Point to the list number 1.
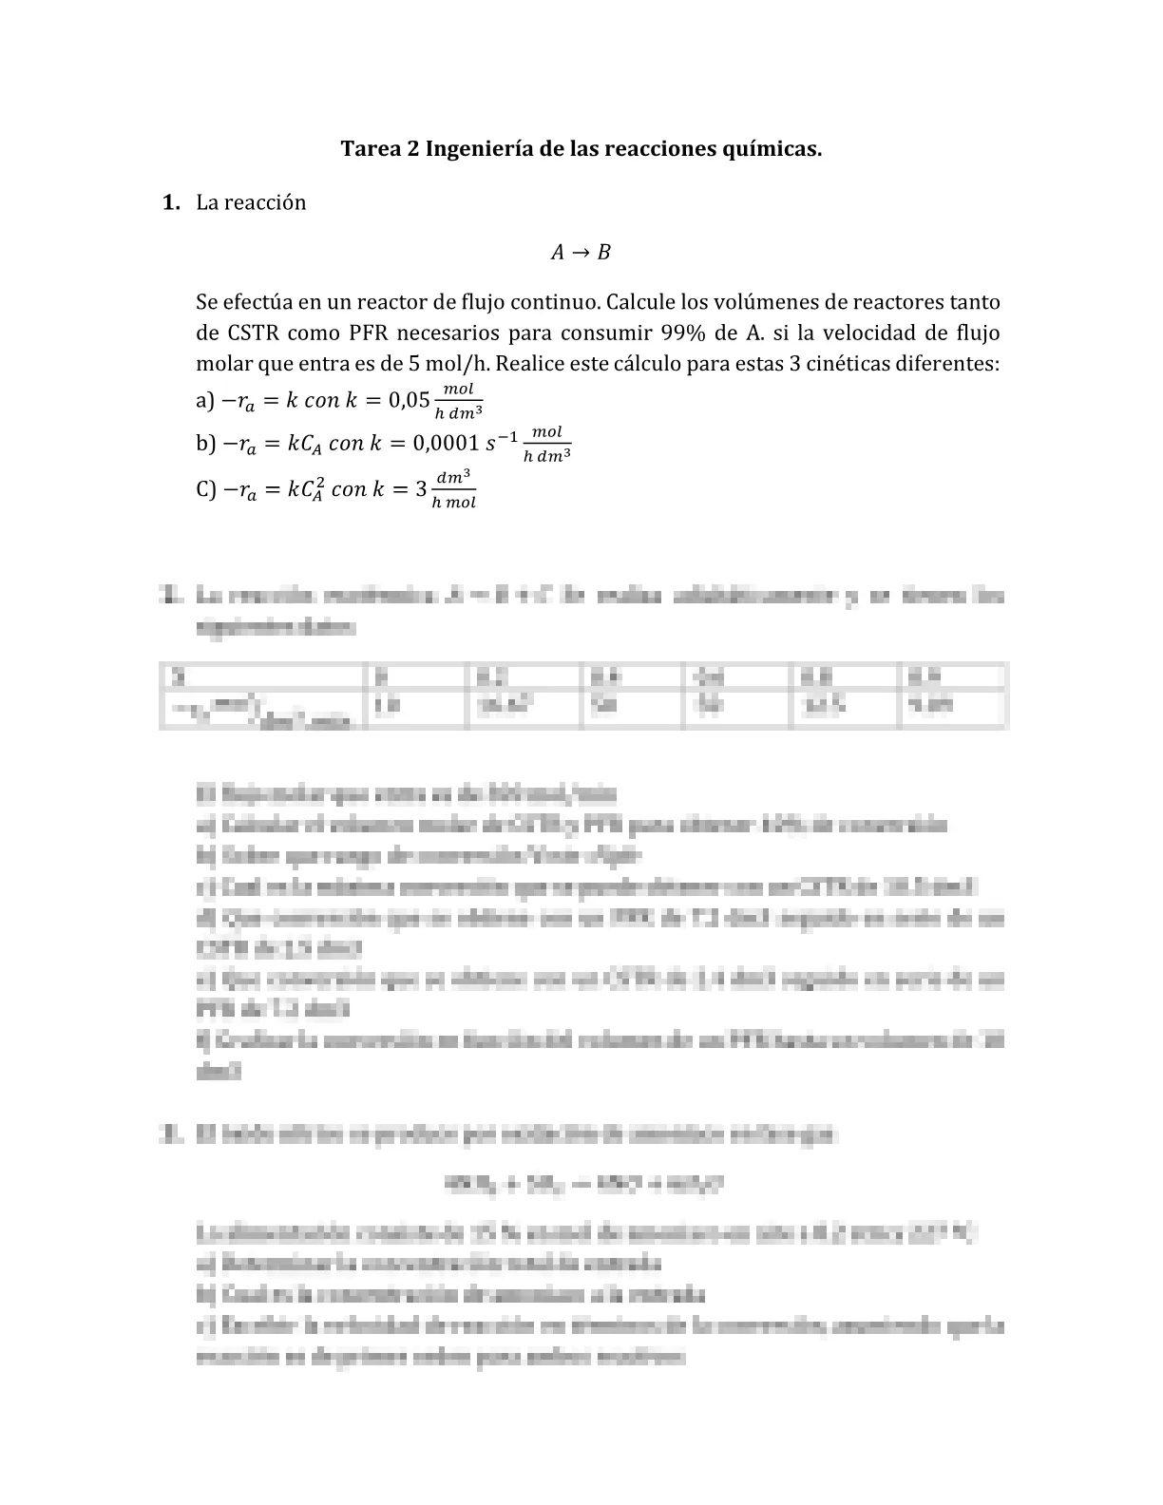point(171,202)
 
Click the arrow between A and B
point(580,253)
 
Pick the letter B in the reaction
point(603,253)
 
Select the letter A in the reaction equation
point(558,253)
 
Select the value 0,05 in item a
point(410,400)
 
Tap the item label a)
point(205,400)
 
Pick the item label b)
point(205,443)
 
